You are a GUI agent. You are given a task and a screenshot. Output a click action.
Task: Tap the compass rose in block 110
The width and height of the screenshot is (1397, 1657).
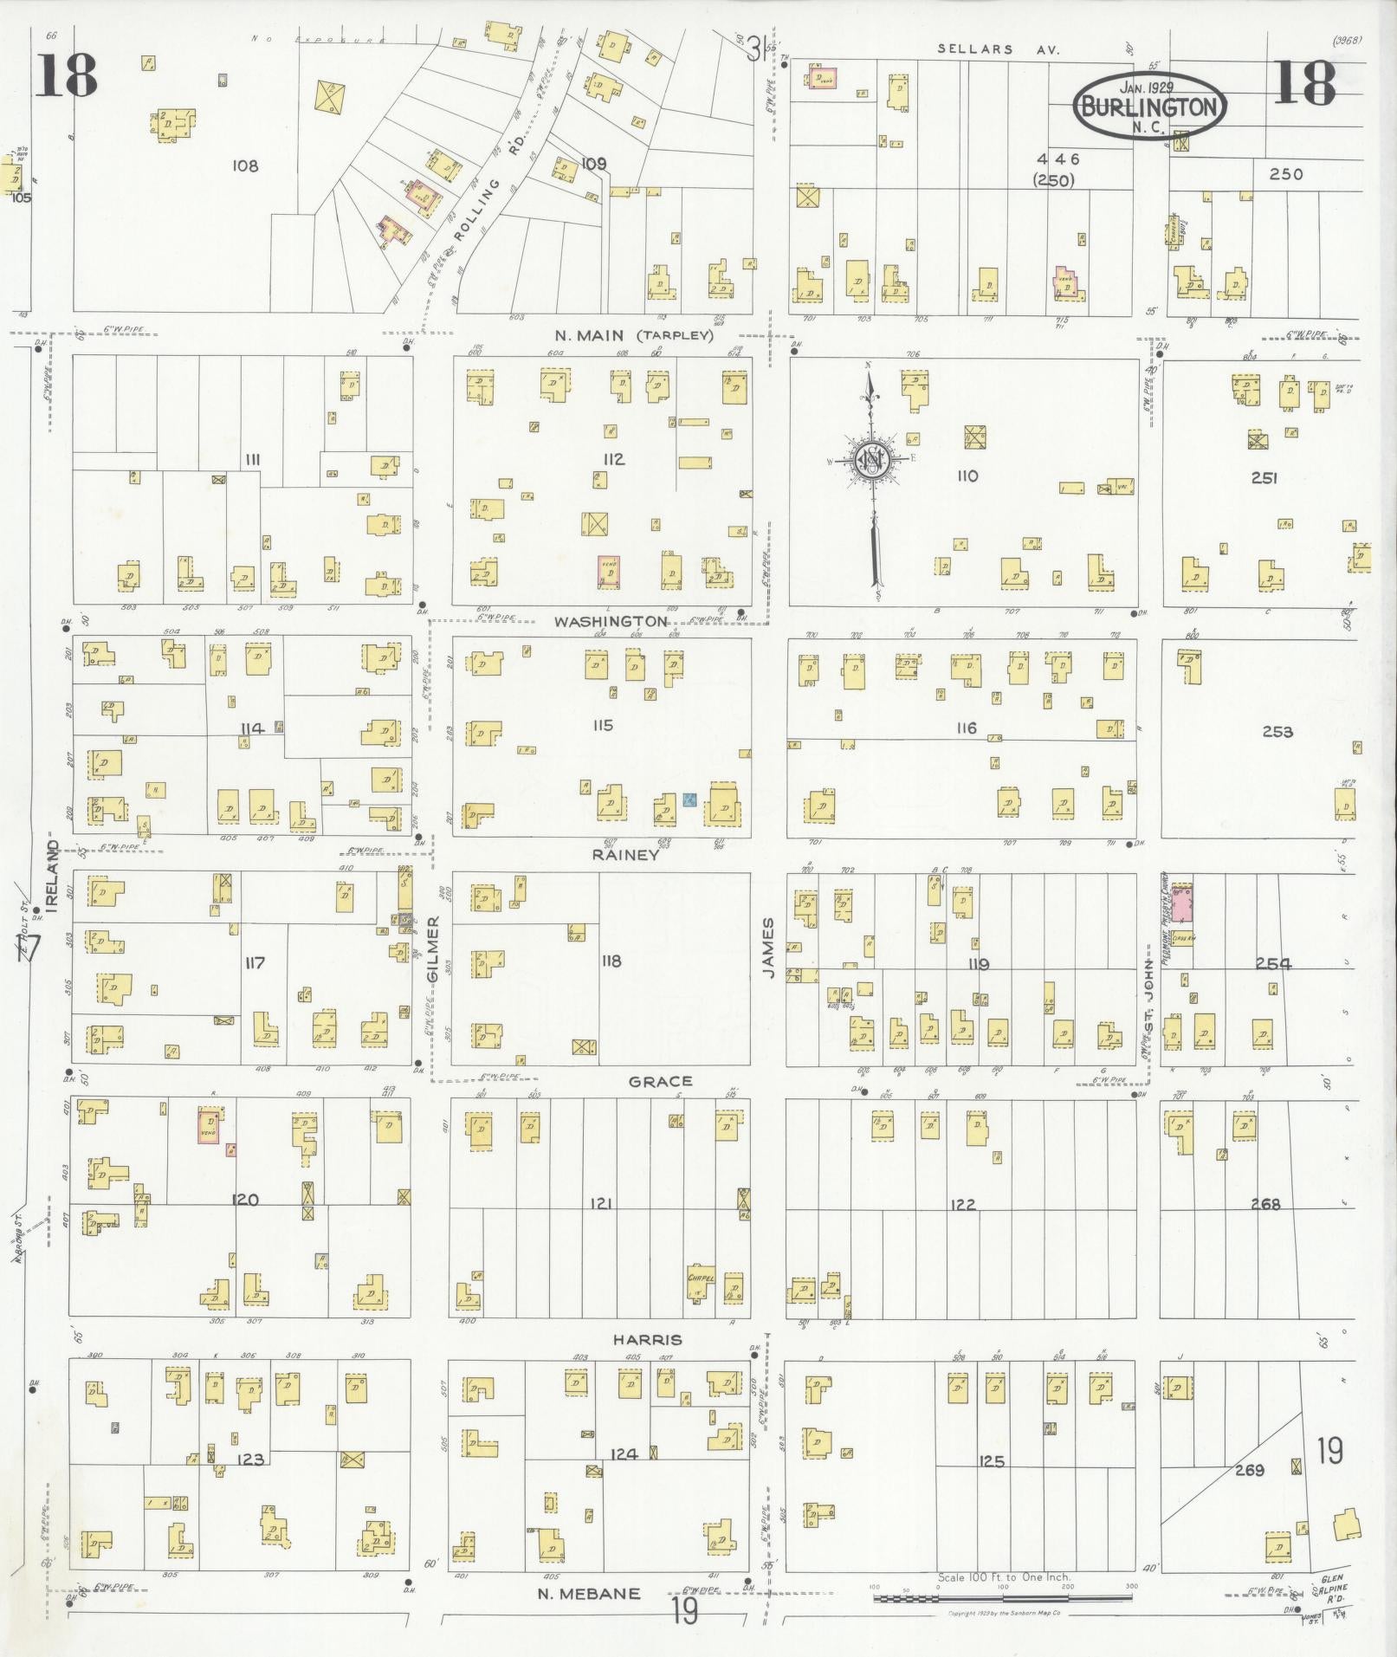[x=873, y=462]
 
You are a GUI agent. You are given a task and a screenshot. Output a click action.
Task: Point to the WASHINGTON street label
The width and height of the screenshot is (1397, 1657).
[x=611, y=621]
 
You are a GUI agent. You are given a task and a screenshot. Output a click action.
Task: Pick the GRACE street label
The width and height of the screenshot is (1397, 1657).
[x=660, y=1081]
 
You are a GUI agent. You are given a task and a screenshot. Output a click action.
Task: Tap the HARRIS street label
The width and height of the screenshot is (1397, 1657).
[x=647, y=1339]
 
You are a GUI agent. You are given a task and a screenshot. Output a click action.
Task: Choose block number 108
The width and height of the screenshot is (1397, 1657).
[x=245, y=165]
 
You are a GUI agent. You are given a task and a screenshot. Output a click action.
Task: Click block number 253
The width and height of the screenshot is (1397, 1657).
[x=1277, y=731]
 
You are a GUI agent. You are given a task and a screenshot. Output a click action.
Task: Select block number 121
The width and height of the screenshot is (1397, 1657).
[x=602, y=1203]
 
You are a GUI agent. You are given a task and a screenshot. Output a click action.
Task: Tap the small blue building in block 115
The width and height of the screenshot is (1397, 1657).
[x=689, y=799]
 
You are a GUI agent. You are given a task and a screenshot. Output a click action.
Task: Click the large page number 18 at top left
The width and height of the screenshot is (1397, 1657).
[x=66, y=76]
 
